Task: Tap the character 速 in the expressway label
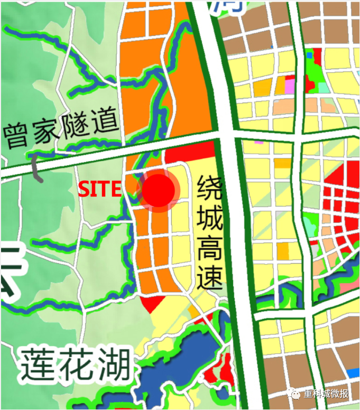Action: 209,278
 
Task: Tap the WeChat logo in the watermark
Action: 293,394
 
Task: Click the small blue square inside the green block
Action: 309,54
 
